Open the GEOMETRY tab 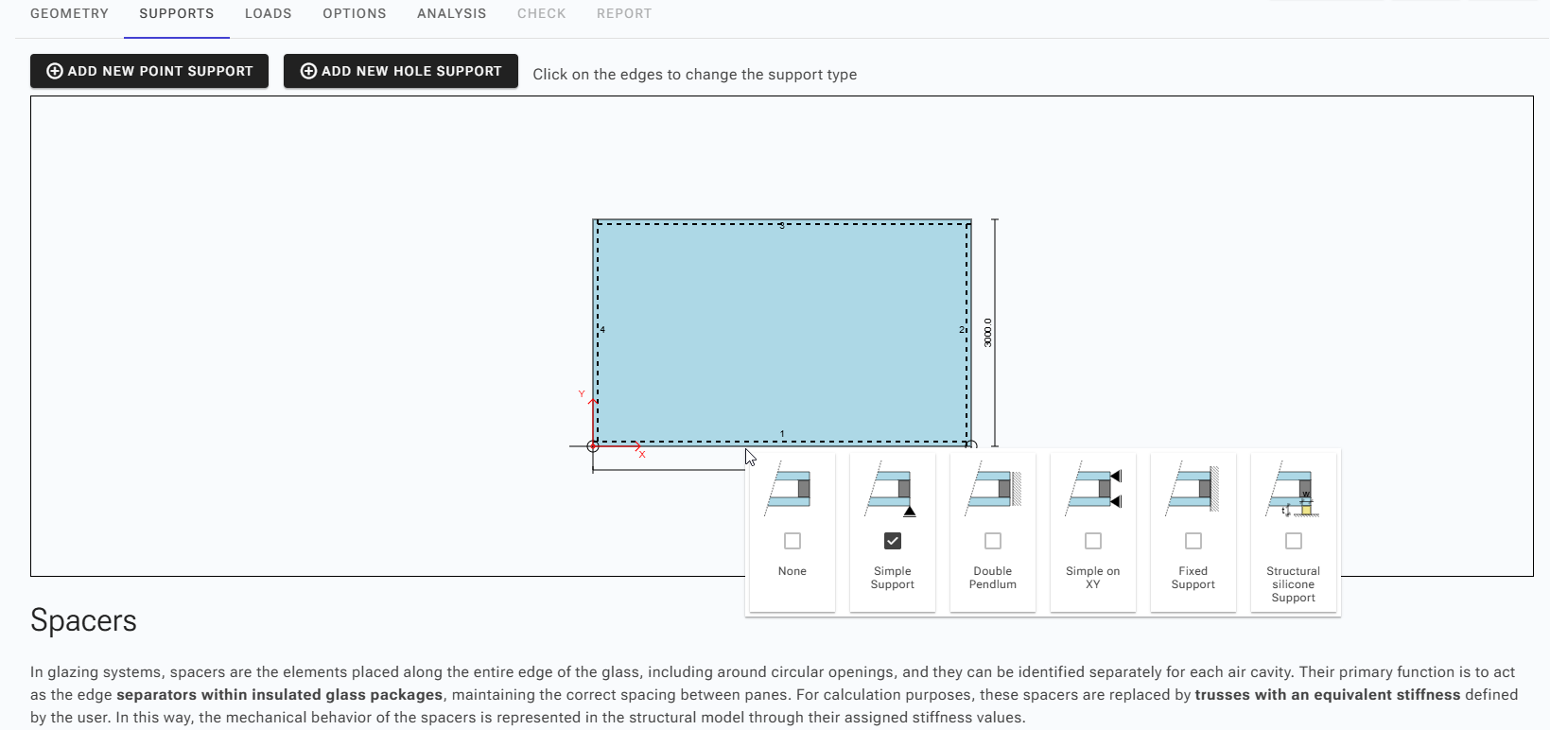click(69, 14)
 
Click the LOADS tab click(269, 14)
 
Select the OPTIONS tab click(355, 14)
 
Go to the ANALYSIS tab click(452, 14)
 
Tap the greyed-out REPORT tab click(624, 14)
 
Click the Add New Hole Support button click(401, 71)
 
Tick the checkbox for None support click(792, 541)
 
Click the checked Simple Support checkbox click(893, 541)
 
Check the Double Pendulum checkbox click(993, 541)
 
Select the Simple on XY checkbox click(1093, 541)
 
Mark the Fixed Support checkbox click(1193, 541)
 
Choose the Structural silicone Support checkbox click(1294, 541)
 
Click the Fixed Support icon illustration click(1193, 489)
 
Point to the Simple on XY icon click(1093, 489)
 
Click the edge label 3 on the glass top click(782, 226)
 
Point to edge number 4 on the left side click(602, 330)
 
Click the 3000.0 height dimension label click(987, 333)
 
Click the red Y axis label click(582, 393)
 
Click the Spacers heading click(84, 620)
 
